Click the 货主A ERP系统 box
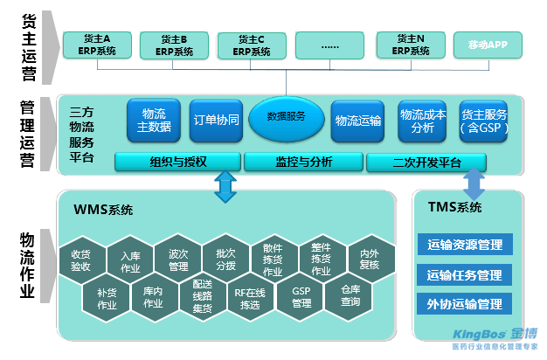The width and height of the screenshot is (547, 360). pos(96,45)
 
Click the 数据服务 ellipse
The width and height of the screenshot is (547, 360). pos(286,115)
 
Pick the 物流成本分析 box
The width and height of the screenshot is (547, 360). pos(422,121)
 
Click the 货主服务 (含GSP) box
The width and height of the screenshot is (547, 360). pos(483,121)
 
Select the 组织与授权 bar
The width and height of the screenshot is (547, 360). pos(177,162)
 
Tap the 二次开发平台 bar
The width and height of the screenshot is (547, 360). pos(426,162)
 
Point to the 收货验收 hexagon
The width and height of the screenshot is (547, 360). pos(81,260)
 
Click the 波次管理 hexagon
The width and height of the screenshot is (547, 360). pos(178,260)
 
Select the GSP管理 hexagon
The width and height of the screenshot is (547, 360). pos(301,296)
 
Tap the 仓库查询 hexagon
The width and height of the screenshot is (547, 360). pos(350,296)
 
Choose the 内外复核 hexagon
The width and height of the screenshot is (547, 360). pos(370,260)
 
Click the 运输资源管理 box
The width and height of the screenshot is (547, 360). pos(465,246)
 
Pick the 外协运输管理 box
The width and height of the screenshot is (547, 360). pos(465,304)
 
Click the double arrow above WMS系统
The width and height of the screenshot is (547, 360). pos(225,185)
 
